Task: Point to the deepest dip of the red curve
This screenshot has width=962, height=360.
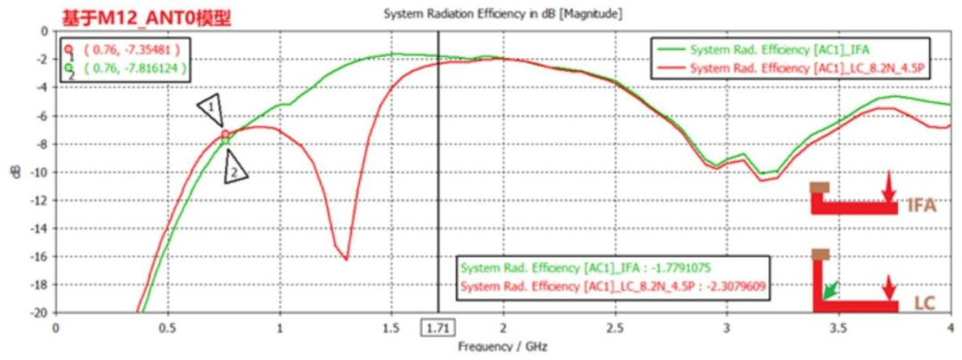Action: (346, 259)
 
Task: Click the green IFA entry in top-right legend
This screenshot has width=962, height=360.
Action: (779, 50)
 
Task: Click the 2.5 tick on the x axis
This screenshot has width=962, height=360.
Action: (615, 328)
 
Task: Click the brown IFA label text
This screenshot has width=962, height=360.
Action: (921, 206)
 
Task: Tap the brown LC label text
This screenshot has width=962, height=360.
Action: (925, 303)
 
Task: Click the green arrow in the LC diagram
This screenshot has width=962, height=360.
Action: (831, 289)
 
